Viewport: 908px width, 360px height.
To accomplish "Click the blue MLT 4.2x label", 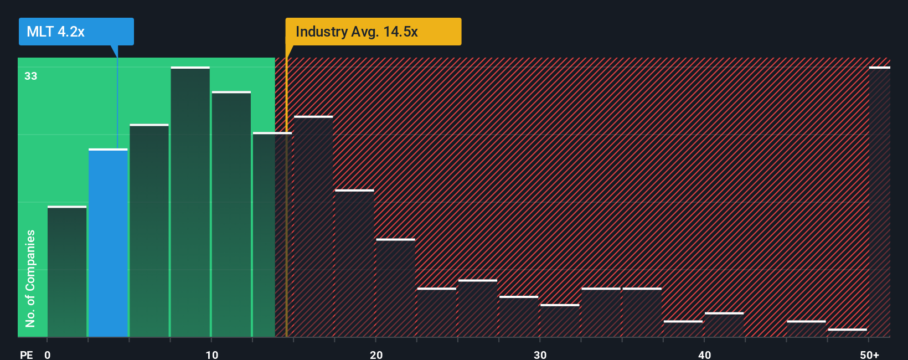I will [76, 32].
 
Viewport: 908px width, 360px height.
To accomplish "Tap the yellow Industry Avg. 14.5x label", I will [373, 32].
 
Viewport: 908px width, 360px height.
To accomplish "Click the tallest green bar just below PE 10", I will [190, 202].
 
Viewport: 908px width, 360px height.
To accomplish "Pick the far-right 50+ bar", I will [879, 202].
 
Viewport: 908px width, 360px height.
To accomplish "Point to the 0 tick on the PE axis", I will [48, 354].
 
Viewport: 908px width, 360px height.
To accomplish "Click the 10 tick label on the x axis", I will [211, 354].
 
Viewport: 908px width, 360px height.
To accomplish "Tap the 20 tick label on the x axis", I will [376, 354].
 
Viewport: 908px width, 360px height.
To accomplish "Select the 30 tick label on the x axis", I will [540, 354].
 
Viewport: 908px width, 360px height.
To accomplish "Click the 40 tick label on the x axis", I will [704, 354].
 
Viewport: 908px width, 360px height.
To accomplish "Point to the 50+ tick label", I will [869, 354].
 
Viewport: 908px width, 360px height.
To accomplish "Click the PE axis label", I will [26, 354].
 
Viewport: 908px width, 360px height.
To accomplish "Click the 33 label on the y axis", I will [30, 76].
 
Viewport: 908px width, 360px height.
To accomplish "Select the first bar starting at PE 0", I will [67, 271].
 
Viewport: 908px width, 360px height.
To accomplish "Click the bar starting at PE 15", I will [313, 227].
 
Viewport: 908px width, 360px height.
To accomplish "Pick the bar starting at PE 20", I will [395, 288].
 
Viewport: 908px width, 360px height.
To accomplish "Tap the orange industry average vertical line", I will [286, 194].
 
